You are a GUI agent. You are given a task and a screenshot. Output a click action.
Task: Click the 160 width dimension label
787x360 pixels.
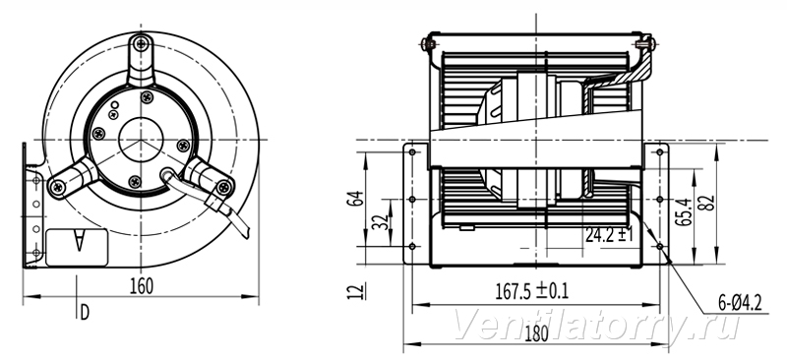(142, 286)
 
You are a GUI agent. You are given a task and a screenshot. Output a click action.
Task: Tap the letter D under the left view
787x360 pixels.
(85, 313)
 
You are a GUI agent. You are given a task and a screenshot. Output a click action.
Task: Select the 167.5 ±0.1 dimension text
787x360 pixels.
(532, 291)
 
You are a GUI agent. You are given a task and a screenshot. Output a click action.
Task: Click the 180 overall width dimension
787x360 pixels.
(536, 333)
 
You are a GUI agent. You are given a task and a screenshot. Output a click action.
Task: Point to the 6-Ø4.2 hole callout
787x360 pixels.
(740, 303)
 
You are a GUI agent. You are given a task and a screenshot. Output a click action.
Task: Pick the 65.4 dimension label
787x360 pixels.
(683, 212)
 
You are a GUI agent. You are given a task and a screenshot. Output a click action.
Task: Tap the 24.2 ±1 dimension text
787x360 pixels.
(609, 234)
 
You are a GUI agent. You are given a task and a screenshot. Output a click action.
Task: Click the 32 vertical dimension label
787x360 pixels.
(381, 222)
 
